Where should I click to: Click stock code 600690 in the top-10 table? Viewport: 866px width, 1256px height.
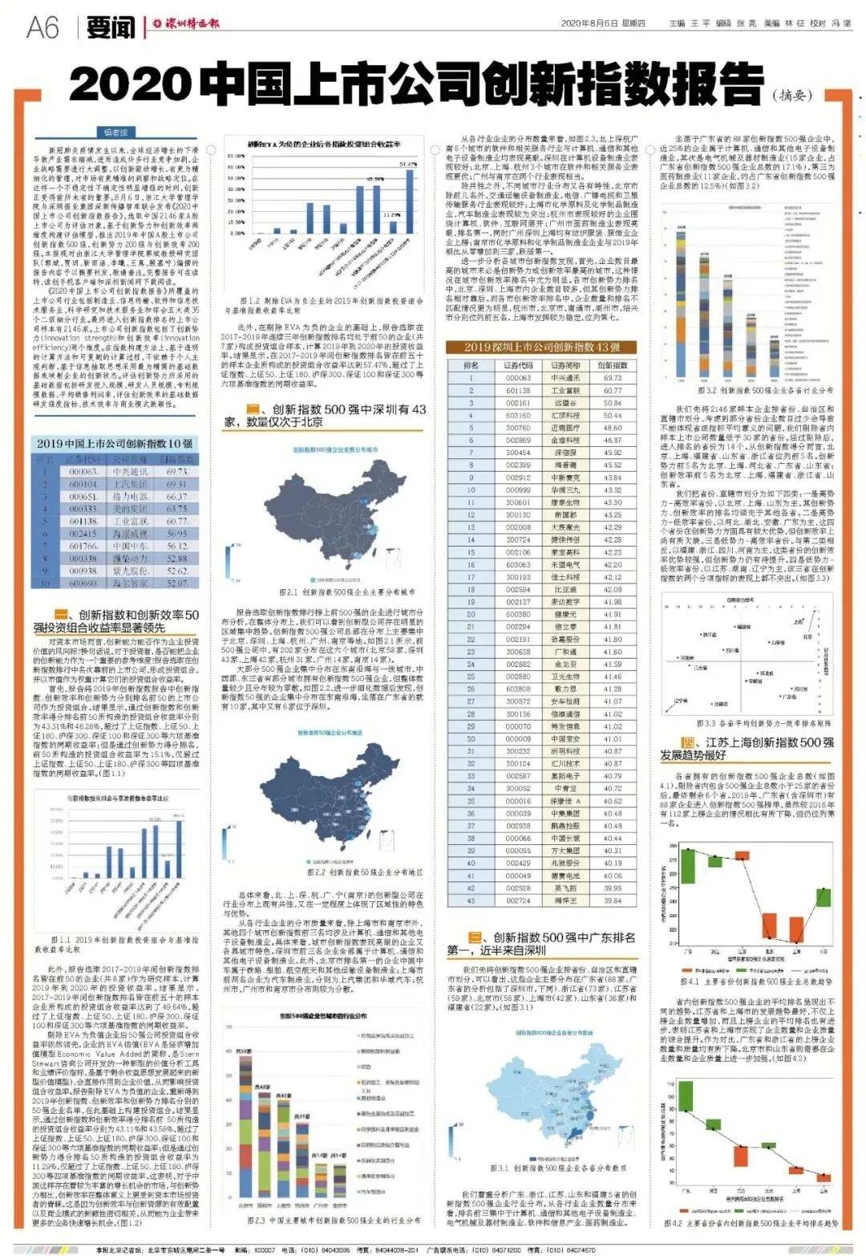point(83,583)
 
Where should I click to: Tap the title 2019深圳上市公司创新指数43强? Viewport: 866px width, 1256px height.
point(541,347)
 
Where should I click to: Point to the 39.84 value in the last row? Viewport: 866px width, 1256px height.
point(613,900)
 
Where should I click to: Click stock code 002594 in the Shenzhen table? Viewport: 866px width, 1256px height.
point(518,589)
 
